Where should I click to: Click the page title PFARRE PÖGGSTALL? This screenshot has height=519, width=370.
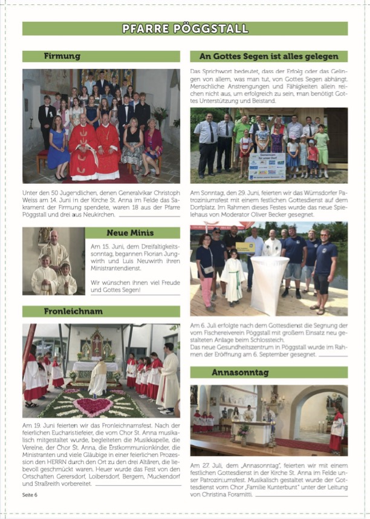[185, 28]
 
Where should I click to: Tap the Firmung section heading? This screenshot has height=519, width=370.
[62, 56]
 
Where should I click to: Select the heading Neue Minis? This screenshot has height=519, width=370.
[130, 233]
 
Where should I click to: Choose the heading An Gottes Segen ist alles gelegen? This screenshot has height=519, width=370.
[268, 56]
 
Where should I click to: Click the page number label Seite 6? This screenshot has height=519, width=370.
[30, 494]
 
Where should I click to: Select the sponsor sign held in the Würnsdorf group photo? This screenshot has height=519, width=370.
[267, 166]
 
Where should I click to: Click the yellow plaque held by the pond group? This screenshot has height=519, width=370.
[244, 247]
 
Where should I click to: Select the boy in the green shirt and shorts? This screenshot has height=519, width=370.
[322, 151]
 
